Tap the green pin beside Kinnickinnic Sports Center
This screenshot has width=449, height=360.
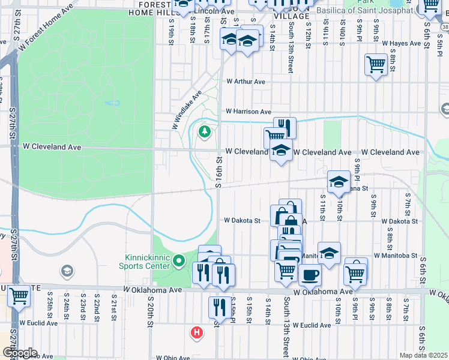point(178,261)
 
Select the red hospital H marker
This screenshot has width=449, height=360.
point(196,332)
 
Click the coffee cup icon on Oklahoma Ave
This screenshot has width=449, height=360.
point(310,275)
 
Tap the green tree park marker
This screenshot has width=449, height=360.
point(205,131)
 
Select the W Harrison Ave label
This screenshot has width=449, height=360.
point(249,112)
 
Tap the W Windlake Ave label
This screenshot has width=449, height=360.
point(187,110)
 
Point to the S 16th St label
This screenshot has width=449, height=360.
point(220,172)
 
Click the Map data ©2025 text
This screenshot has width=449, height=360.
point(423,355)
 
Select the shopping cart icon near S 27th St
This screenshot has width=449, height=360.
point(19,295)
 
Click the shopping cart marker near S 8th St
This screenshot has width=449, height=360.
point(376,64)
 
